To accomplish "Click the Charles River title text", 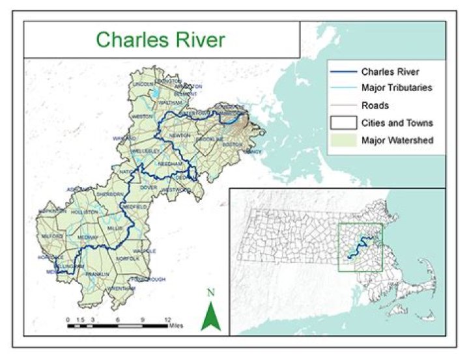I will pyautogui.click(x=160, y=39).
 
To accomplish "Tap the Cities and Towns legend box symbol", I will pyautogui.click(x=342, y=122).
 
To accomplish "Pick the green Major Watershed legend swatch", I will pyautogui.click(x=342, y=139).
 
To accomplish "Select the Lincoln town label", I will pyautogui.click(x=143, y=85).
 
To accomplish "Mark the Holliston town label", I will pyautogui.click(x=85, y=212).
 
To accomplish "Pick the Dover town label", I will pyautogui.click(x=149, y=187).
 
